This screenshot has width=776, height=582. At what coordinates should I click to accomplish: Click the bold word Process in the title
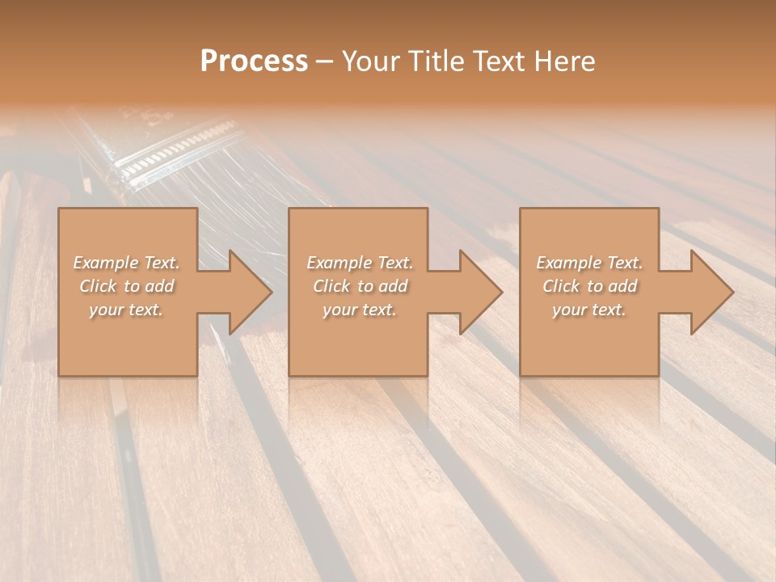pyautogui.click(x=254, y=61)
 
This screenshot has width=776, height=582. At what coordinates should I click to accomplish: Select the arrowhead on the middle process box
pyautogui.click(x=474, y=292)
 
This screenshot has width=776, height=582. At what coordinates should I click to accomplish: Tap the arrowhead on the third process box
pyautogui.click(x=706, y=292)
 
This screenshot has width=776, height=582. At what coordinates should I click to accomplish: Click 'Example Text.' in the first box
pyautogui.click(x=126, y=263)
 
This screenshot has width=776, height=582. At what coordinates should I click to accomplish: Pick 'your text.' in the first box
pyautogui.click(x=126, y=310)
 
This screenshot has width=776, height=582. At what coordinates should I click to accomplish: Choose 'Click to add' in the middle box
pyautogui.click(x=360, y=286)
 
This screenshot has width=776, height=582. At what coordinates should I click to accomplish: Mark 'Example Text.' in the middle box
pyautogui.click(x=360, y=263)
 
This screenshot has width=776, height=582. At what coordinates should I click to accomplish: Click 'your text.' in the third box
pyautogui.click(x=589, y=310)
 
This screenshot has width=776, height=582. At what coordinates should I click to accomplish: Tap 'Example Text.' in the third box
pyautogui.click(x=589, y=263)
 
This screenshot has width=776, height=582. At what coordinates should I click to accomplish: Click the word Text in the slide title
pyautogui.click(x=498, y=61)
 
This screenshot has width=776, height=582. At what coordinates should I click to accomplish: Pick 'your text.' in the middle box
pyautogui.click(x=360, y=310)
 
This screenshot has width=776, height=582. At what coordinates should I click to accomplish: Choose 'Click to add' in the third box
pyautogui.click(x=589, y=286)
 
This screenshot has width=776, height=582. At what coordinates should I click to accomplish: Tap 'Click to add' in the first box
pyautogui.click(x=126, y=286)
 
